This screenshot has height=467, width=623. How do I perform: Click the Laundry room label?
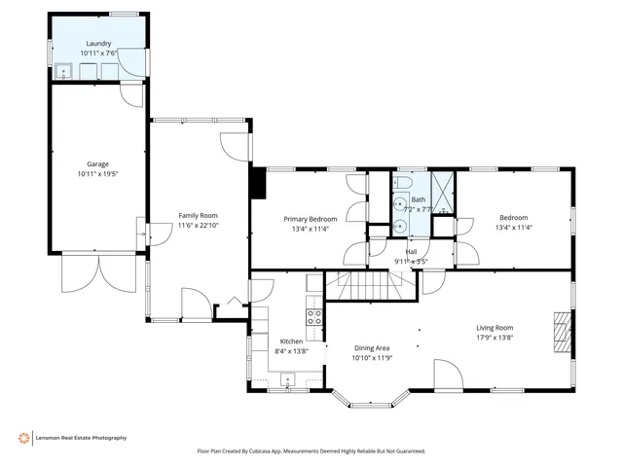[98, 44]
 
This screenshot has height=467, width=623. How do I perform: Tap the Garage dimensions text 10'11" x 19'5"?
[98, 173]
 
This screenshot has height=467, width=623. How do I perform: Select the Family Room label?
[198, 215]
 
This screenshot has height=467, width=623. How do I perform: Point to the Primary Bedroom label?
[311, 219]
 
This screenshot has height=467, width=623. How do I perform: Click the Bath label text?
[418, 199]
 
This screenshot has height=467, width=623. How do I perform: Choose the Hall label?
[411, 251]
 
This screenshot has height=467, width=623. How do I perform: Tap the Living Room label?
[495, 328]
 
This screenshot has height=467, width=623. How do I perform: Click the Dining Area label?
[371, 348]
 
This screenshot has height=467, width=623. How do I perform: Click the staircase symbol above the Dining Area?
[370, 286]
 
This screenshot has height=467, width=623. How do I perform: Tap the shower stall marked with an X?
[443, 191]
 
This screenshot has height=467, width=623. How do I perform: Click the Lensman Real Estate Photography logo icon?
[23, 438]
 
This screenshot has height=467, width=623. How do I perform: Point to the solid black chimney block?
[258, 184]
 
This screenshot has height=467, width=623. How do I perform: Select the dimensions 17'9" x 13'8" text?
[495, 338]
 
